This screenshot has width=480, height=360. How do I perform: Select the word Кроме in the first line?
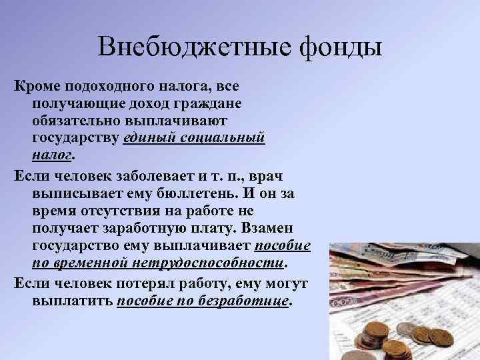pos(35,87)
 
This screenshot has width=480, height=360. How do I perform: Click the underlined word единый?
pos(148,138)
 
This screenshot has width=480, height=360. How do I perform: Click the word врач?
pos(286,177)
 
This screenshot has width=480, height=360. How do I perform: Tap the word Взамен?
pos(277,228)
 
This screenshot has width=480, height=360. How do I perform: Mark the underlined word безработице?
pos(248,301)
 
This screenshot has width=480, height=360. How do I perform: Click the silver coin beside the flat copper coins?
pos(407,329)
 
